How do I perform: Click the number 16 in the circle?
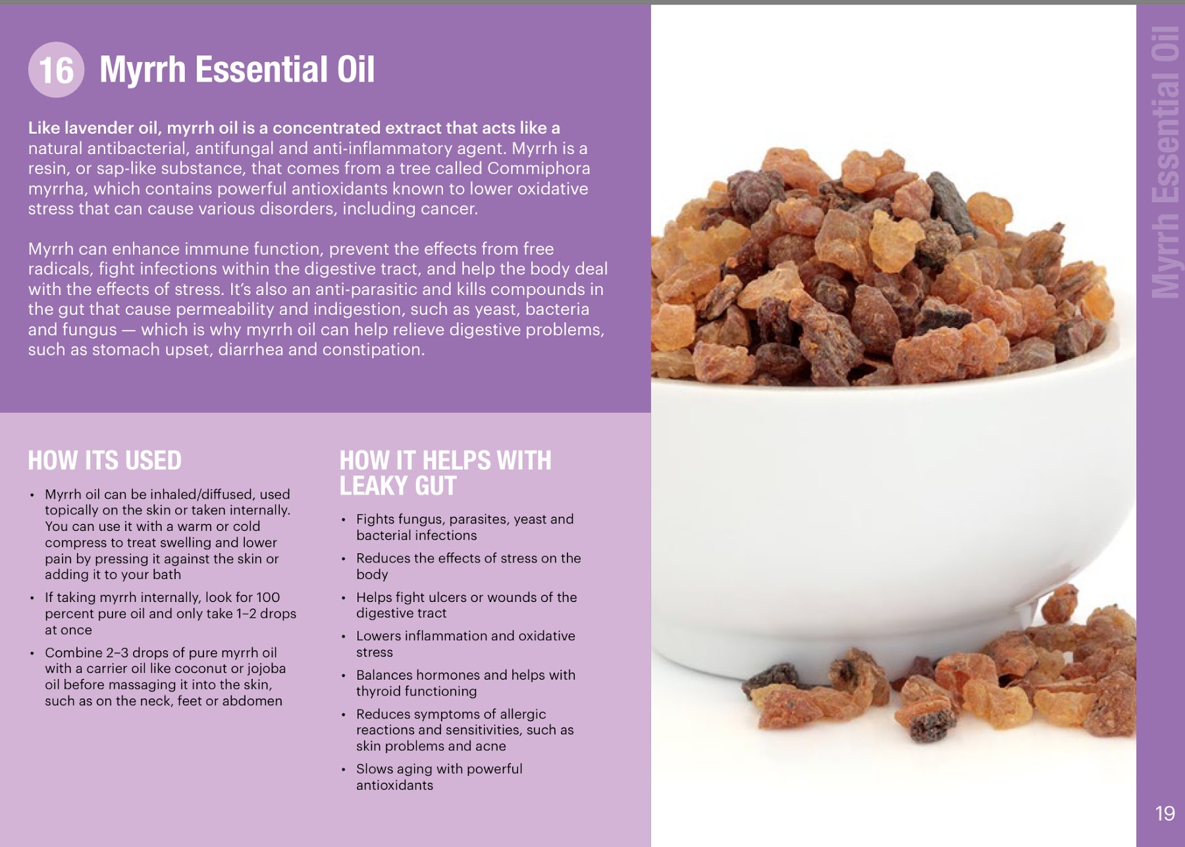[57, 70]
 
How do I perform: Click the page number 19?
[1165, 813]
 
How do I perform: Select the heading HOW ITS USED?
[105, 460]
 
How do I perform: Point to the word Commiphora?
[539, 169]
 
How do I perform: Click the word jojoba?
[267, 669]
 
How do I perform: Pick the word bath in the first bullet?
[167, 574]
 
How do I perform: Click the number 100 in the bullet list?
[268, 597]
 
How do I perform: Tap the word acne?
[491, 746]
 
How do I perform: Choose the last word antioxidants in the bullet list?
[394, 785]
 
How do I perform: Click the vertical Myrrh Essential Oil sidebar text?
[1165, 162]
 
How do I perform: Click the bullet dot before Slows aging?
[343, 769]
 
